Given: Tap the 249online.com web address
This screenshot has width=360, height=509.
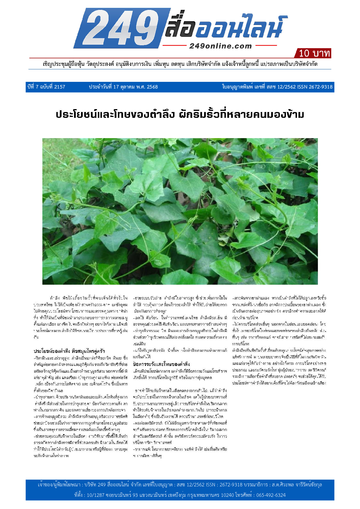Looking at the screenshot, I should pyautogui.click(x=220, y=46).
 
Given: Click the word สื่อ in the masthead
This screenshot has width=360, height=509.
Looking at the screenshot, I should pyautogui.click(x=180, y=28).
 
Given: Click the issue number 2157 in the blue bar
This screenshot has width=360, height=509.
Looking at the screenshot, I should pyautogui.click(x=60, y=87).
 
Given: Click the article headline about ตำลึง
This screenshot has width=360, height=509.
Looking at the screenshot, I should pyautogui.click(x=180, y=114).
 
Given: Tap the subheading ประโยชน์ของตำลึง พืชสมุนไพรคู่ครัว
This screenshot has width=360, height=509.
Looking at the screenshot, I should pyautogui.click(x=69, y=351).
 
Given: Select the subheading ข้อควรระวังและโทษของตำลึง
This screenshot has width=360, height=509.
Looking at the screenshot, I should pyautogui.click(x=161, y=364).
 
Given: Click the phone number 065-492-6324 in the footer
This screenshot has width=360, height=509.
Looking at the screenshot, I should pyautogui.click(x=271, y=495).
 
